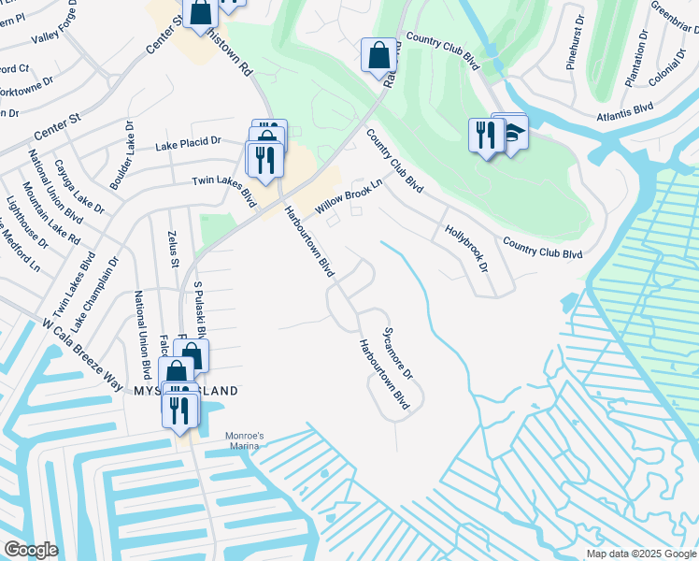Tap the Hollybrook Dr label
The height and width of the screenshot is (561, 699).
click(x=466, y=249)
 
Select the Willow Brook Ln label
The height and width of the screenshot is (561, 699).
click(x=349, y=198)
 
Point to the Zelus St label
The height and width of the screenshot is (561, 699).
click(x=172, y=250)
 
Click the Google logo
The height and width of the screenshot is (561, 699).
click(x=31, y=549)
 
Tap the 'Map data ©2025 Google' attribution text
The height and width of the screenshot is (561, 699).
click(x=641, y=554)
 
